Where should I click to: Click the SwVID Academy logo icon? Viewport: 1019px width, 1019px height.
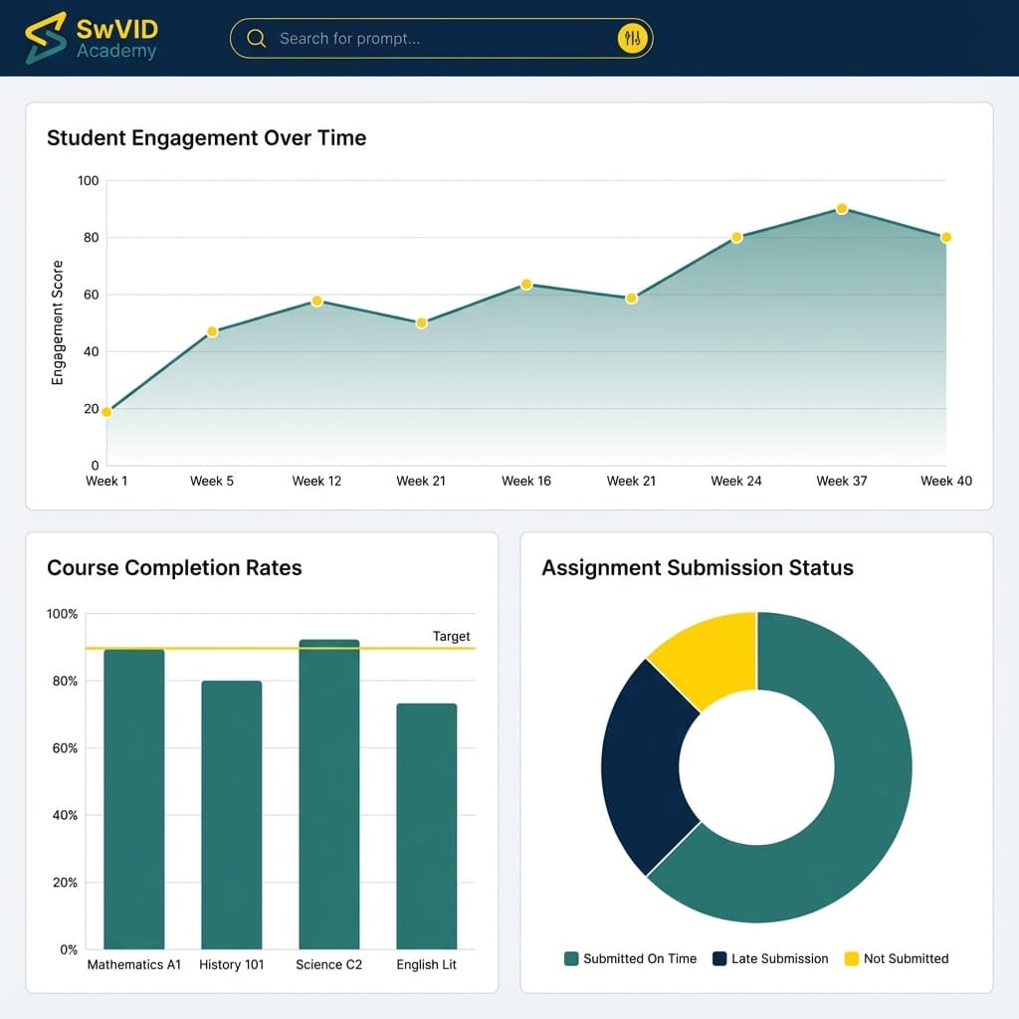[46, 38]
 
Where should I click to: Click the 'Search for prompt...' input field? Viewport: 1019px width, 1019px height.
[428, 39]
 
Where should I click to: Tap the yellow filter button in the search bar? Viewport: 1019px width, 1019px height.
[633, 39]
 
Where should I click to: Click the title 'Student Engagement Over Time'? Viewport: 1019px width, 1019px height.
[206, 138]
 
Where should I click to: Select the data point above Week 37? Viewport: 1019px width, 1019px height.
[842, 209]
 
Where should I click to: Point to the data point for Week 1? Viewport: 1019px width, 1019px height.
[106, 412]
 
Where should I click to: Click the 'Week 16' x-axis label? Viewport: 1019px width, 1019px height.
[526, 481]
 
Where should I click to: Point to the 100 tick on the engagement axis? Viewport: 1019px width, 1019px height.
[89, 181]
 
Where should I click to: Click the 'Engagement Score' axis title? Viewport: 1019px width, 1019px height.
[58, 322]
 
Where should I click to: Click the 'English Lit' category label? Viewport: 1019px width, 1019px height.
[426, 965]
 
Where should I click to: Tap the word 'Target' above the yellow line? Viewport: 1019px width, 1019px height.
[451, 637]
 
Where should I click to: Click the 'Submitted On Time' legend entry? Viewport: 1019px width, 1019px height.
[630, 959]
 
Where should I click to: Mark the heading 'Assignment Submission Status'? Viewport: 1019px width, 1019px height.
[698, 568]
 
